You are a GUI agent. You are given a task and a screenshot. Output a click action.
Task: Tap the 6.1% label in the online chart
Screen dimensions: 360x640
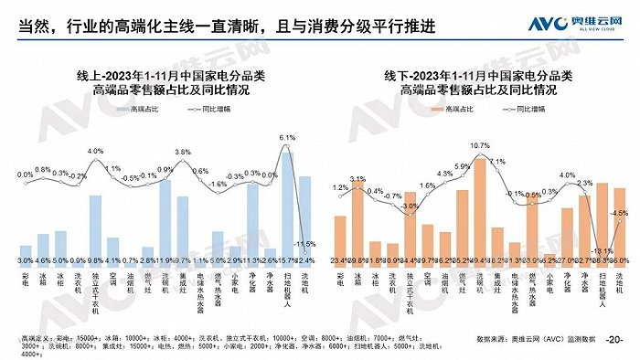click(287, 138)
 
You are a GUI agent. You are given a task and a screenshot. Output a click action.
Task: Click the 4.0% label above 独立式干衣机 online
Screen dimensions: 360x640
click(95, 151)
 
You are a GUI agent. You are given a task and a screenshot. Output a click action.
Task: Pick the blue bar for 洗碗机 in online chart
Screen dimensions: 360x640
click(165, 217)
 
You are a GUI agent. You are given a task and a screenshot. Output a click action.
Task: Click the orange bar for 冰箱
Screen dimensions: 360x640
click(357, 219)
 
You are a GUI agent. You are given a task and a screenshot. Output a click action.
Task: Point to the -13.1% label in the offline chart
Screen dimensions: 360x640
click(601, 250)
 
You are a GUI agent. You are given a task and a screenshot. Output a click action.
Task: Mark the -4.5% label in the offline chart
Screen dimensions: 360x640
click(619, 213)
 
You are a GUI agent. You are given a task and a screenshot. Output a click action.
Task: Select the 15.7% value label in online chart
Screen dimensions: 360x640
click(287, 260)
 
